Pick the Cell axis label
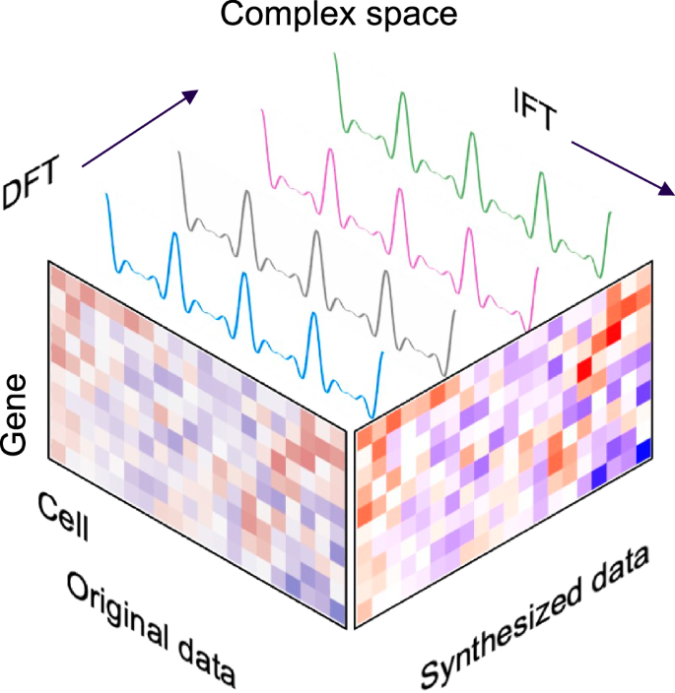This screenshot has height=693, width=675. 65,517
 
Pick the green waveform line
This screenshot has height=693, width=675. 471,157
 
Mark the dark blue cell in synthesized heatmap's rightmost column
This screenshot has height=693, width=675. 642,452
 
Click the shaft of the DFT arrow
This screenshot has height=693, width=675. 133,133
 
